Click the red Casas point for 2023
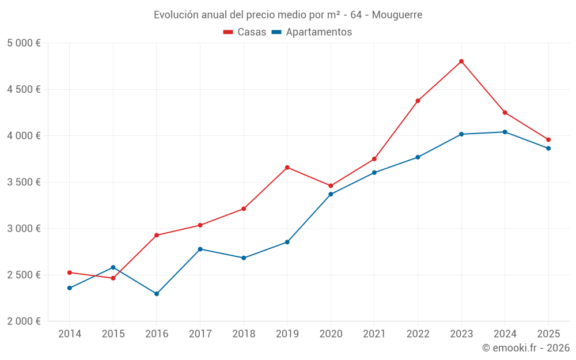461,62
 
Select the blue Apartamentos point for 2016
157,294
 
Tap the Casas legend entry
245,32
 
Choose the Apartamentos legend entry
312,32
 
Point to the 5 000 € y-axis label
24,43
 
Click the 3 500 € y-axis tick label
24,182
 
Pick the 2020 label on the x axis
331,334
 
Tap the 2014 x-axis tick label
70,334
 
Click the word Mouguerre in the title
397,14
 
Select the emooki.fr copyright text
526,348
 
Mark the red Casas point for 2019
287,168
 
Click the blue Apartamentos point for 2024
505,132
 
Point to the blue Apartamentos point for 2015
113,267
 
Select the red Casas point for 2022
418,101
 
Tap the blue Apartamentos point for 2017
200,249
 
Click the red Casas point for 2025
548,139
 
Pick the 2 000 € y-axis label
24,321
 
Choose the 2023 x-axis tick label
461,334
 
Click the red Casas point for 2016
157,235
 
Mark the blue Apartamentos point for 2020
331,194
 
